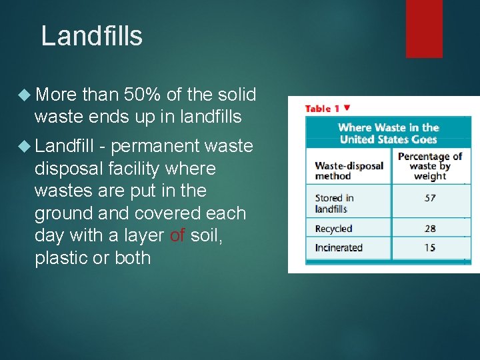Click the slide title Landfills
pyautogui.click(x=91, y=36)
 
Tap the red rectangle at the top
pyautogui.click(x=424, y=28)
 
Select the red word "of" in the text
pyautogui.click(x=177, y=235)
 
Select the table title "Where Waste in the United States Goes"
pyautogui.click(x=388, y=133)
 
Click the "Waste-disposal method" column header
pyautogui.click(x=348, y=171)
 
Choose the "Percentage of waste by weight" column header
pyautogui.click(x=430, y=166)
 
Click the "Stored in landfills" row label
pyautogui.click(x=335, y=203)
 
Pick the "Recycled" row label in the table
pyautogui.click(x=333, y=229)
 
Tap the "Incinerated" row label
pyautogui.click(x=339, y=248)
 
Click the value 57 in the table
pyautogui.click(x=430, y=198)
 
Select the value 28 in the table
pyautogui.click(x=430, y=229)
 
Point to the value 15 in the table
pyautogui.click(x=430, y=248)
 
